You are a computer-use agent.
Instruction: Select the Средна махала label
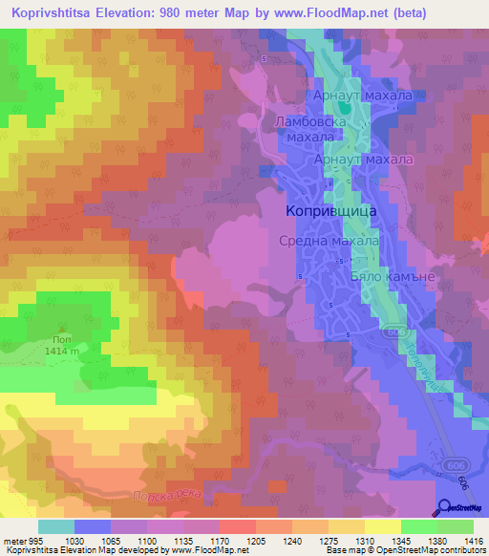click(329, 242)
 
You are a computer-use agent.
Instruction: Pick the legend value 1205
click(256, 540)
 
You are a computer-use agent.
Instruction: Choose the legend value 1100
click(148, 540)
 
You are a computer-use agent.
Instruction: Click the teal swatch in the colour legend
click(56, 525)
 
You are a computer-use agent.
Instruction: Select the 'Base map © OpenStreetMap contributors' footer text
click(403, 550)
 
